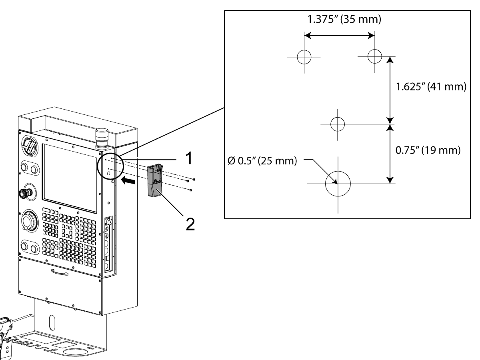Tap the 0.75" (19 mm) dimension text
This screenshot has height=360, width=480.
[426, 151]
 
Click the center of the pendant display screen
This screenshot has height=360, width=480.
[70, 177]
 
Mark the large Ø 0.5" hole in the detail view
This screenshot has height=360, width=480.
[338, 184]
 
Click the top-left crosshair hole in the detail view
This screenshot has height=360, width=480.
[304, 57]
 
